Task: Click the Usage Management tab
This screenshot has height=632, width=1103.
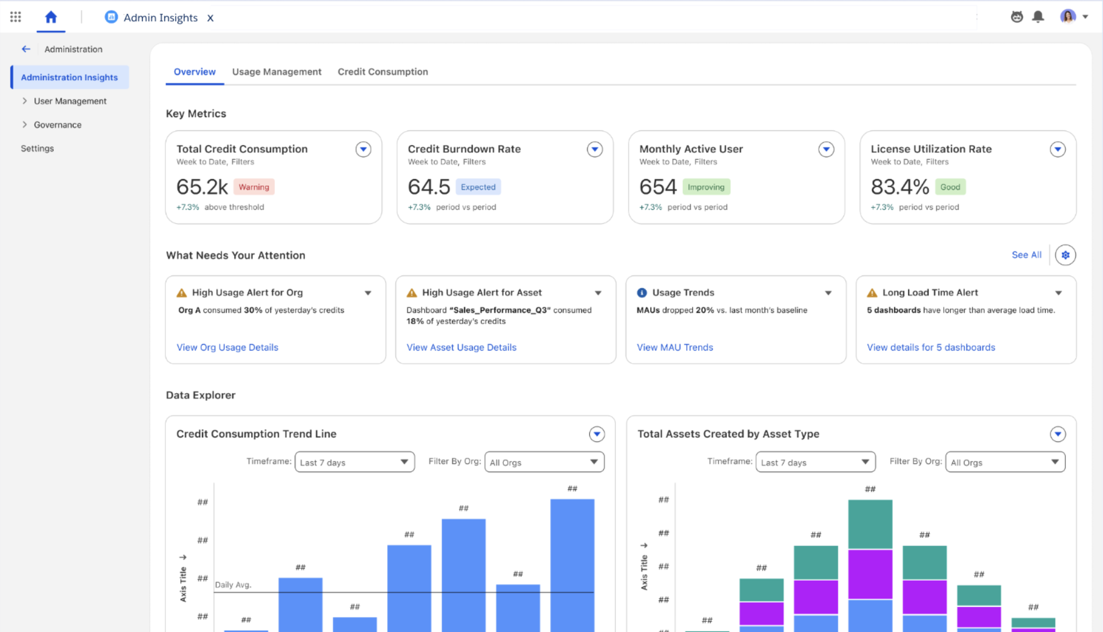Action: (276, 71)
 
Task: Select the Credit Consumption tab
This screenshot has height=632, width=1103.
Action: (383, 71)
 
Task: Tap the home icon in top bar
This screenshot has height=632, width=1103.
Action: (51, 17)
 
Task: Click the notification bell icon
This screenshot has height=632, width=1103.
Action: (1038, 16)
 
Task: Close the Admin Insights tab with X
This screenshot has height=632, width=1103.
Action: (210, 18)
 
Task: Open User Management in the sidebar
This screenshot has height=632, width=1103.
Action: (70, 101)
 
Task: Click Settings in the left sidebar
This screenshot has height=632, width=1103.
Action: (37, 149)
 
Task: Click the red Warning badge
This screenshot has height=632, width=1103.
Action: (253, 187)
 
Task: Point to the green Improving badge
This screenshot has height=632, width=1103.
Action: (706, 187)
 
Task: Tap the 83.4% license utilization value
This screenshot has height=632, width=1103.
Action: (899, 187)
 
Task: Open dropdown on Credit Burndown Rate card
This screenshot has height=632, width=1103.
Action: (595, 149)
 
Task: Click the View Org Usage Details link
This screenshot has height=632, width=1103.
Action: (227, 348)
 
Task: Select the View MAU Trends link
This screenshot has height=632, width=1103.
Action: (675, 348)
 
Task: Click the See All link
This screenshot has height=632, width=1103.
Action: (1026, 255)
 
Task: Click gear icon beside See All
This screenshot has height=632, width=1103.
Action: (1065, 255)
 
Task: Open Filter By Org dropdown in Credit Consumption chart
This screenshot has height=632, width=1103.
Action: (544, 462)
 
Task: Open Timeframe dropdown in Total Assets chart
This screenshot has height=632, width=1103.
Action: (815, 462)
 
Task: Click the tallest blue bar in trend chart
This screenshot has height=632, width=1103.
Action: (572, 562)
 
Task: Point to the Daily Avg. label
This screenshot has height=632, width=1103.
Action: (233, 585)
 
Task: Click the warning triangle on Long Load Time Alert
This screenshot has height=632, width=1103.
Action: (872, 293)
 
